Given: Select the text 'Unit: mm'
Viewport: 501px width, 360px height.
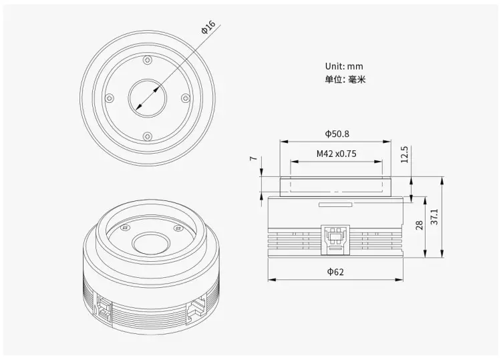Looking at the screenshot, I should (x=345, y=66).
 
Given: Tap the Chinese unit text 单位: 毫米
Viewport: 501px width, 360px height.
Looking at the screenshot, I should (x=345, y=79).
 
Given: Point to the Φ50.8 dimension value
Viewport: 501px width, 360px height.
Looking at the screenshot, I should (x=337, y=134).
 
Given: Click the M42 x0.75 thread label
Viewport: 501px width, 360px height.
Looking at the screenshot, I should (x=336, y=154).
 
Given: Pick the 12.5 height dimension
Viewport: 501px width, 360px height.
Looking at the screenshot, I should (x=403, y=156).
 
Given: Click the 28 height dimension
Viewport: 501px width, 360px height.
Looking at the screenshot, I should (x=420, y=224).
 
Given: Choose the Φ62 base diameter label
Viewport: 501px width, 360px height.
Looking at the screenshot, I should (x=336, y=271).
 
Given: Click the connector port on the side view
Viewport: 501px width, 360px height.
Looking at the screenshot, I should (x=335, y=238).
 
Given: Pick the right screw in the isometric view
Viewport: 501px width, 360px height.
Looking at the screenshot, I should (x=176, y=228).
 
